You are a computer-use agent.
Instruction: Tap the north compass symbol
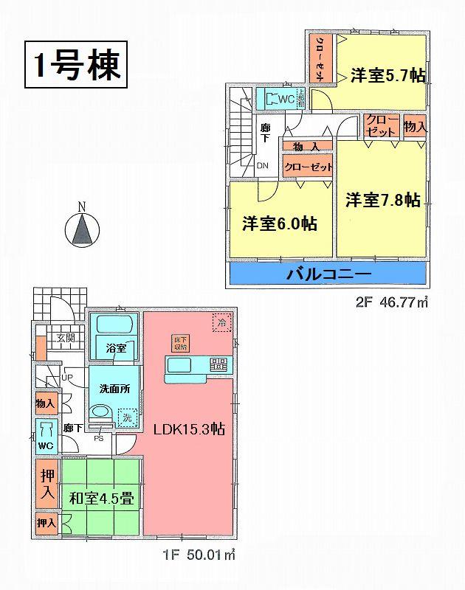(x=83, y=229)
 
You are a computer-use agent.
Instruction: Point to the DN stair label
(x=262, y=165)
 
